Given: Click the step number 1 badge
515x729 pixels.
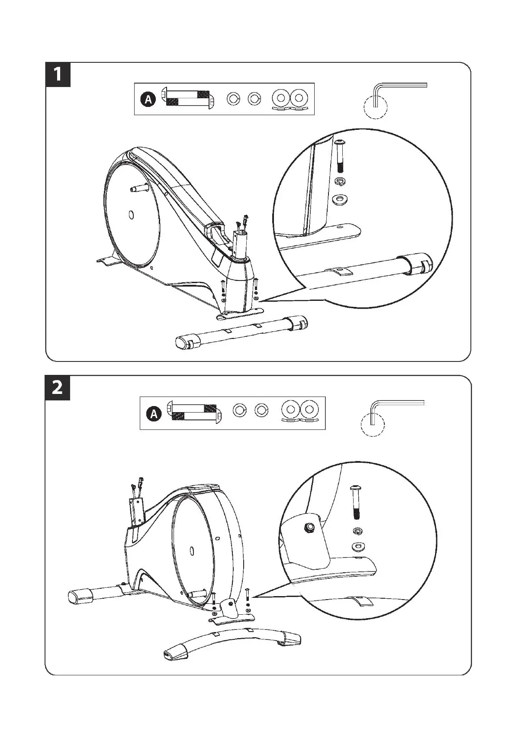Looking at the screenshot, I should point(58,74).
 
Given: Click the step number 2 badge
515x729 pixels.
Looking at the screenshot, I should point(58,387).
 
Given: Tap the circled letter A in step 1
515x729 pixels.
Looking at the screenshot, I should point(148,100).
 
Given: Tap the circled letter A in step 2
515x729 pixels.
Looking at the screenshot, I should point(154,414).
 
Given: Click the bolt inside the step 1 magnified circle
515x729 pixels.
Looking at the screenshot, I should point(339,156).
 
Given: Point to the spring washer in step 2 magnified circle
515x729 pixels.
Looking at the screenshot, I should point(357,531).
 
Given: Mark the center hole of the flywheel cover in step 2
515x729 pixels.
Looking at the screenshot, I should point(191,551).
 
